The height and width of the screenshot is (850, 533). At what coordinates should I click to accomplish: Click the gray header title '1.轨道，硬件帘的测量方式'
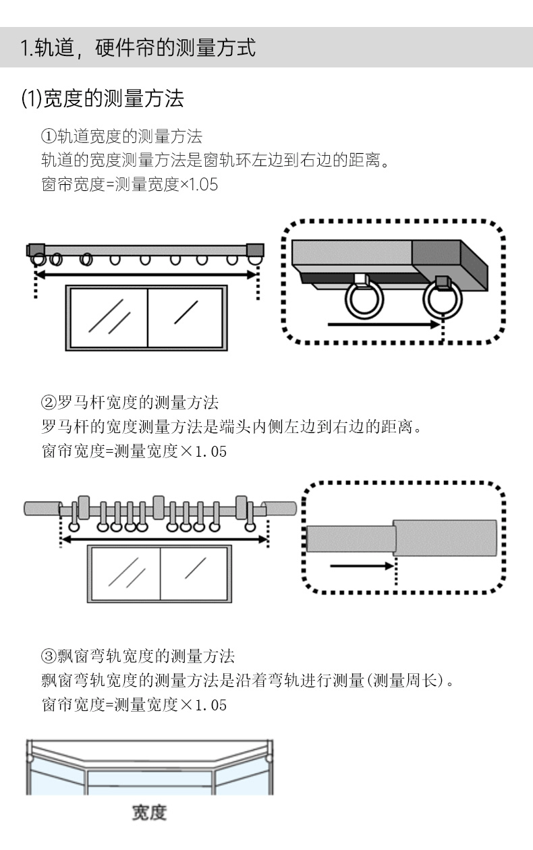coord(138,48)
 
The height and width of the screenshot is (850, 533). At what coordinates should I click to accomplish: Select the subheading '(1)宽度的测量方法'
coord(103,98)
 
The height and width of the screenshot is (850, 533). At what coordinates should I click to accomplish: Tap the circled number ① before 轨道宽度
coord(49,136)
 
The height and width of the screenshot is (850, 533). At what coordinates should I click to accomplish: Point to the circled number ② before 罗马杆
coord(49,402)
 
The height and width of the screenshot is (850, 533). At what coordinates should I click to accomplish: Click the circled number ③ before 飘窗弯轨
coord(49,656)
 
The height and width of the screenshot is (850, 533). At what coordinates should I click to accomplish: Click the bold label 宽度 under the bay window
coord(149,812)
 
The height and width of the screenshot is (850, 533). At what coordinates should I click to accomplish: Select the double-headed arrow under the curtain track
coord(146,275)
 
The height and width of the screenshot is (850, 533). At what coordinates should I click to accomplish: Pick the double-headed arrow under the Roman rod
coord(165,539)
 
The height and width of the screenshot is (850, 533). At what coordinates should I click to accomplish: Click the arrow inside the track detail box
coord(384,324)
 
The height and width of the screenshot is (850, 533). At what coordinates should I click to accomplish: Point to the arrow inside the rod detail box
coord(362,566)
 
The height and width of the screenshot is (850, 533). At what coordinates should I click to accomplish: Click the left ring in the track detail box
coord(364,299)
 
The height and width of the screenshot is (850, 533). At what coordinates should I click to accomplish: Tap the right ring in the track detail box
coord(443,300)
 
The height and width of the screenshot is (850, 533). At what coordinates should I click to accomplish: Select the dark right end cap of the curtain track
coord(255,250)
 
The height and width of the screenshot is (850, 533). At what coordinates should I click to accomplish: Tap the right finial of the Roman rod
coord(280,509)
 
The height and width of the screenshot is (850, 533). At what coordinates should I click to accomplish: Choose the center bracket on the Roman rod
coord(159,507)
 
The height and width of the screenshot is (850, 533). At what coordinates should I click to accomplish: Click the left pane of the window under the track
coord(109,318)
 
